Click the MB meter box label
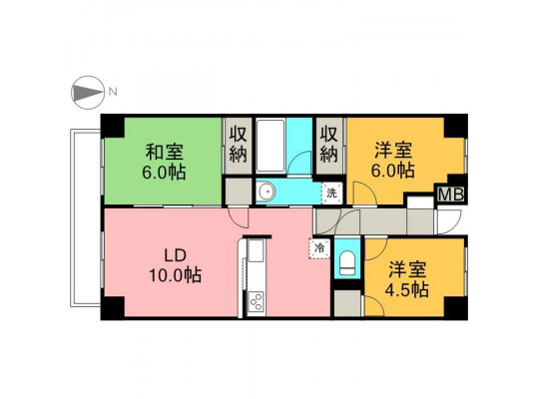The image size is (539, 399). [451, 195]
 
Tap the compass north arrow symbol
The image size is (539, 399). [88, 93]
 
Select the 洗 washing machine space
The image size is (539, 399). [332, 193]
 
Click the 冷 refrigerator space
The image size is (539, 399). [319, 248]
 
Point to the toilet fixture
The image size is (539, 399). [347, 262]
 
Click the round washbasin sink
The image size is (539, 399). [266, 191]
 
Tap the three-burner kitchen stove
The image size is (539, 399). [257, 301]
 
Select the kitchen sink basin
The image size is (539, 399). [257, 250]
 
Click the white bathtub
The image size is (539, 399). [270, 146]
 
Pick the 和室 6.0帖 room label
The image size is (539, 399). [164, 162]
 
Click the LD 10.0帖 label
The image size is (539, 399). [175, 265]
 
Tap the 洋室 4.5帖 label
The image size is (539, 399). [407, 278]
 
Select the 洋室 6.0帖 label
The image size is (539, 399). [393, 160]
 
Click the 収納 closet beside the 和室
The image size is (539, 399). [239, 145]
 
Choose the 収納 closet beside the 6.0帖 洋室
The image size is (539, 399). [329, 145]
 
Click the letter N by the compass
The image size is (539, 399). [113, 92]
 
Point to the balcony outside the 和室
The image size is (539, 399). [85, 217]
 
